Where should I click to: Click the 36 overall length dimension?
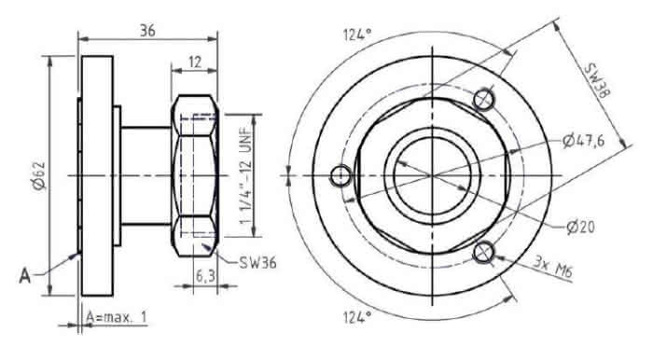(x=147, y=31)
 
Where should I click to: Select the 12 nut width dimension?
(x=195, y=62)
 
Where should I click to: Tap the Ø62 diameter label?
(x=39, y=175)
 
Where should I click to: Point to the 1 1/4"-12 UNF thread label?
(x=246, y=175)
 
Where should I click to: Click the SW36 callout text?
(x=257, y=263)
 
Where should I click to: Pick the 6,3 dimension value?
(x=205, y=276)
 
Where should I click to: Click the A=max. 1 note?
(x=117, y=317)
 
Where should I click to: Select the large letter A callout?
(x=24, y=275)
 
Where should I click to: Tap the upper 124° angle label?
(x=357, y=35)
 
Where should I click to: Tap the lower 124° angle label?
(x=357, y=317)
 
